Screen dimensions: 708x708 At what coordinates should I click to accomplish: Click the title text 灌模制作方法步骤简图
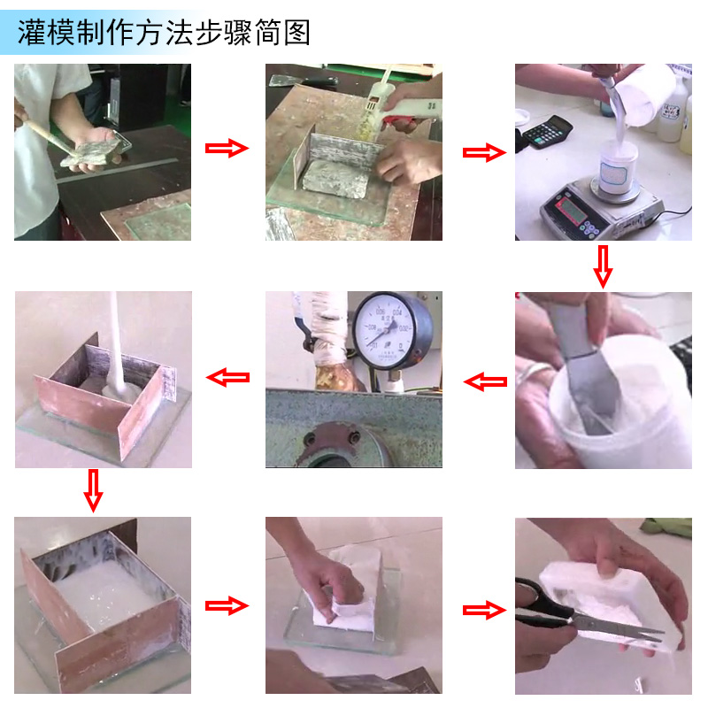pyautogui.click(x=165, y=32)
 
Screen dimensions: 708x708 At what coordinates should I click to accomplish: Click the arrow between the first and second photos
pyautogui.click(x=227, y=148)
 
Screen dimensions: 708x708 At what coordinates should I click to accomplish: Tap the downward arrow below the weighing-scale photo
pyautogui.click(x=603, y=266)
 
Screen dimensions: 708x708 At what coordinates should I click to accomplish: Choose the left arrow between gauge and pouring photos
pyautogui.click(x=227, y=378)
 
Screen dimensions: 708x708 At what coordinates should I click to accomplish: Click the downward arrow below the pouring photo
pyautogui.click(x=93, y=490)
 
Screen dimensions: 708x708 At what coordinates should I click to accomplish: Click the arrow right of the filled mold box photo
pyautogui.click(x=227, y=606)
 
